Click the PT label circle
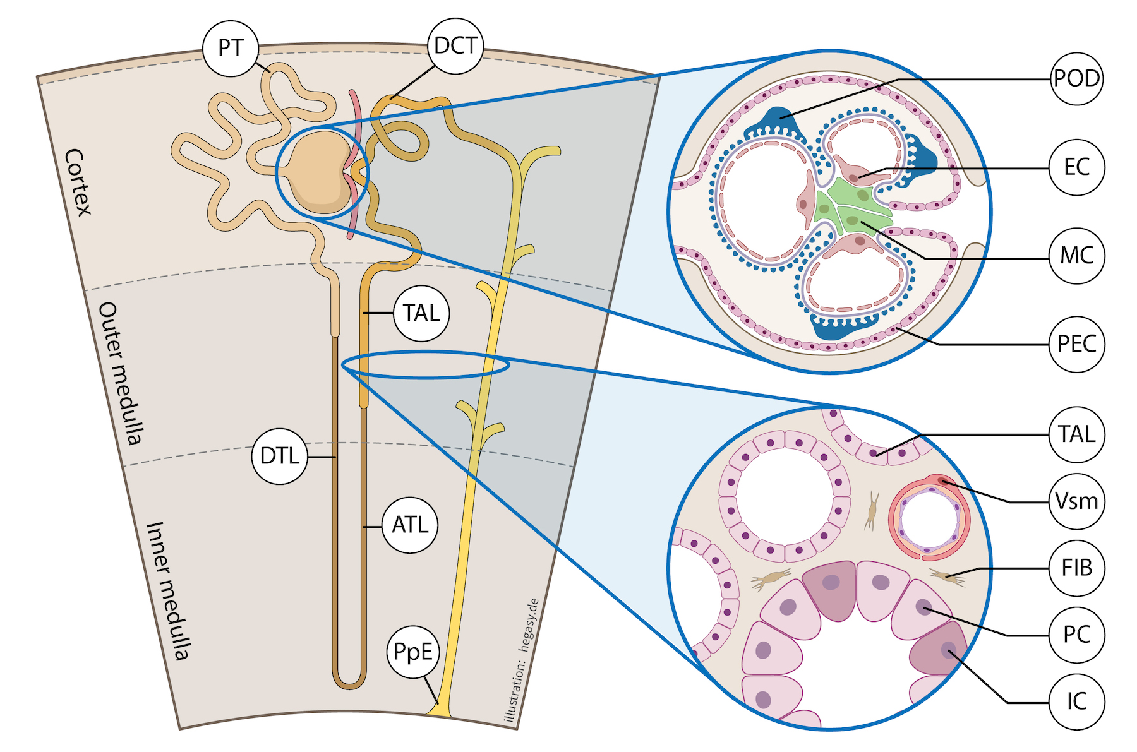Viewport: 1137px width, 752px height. [231, 48]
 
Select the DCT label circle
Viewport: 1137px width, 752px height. [455, 45]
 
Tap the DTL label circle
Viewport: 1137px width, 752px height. [279, 456]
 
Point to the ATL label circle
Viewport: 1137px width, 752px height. [410, 525]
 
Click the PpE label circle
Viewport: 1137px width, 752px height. [413, 652]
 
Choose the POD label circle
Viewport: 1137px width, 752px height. [1077, 78]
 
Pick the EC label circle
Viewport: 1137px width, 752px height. [1077, 167]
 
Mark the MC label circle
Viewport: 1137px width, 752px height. [1077, 256]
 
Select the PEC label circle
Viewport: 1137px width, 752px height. [1077, 344]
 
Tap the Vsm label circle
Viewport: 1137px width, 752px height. [1077, 501]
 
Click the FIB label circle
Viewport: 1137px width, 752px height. [1077, 568]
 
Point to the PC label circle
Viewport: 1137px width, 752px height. [1077, 635]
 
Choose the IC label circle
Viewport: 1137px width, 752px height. [1077, 701]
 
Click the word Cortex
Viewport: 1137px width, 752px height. [78, 182]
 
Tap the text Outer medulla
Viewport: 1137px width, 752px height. [120, 373]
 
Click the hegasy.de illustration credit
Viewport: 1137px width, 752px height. [522, 660]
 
